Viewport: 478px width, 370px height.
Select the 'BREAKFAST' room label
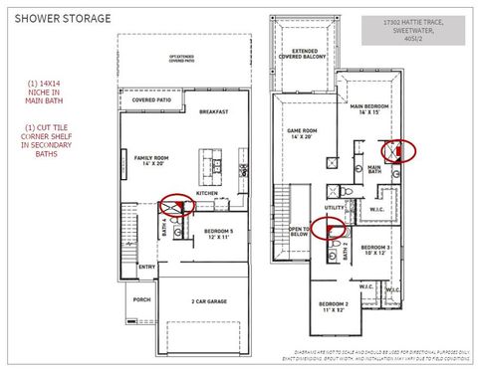coord(214,111)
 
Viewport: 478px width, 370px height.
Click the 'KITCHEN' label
coord(220,193)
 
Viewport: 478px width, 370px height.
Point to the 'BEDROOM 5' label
coord(218,233)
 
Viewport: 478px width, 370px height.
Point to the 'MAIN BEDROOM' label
coord(368,107)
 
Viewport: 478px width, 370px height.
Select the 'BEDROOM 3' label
coord(375,248)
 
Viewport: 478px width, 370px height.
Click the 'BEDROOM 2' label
coord(333,305)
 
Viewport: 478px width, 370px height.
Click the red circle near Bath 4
coord(178,206)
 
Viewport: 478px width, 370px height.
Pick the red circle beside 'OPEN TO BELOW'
coord(329,228)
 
